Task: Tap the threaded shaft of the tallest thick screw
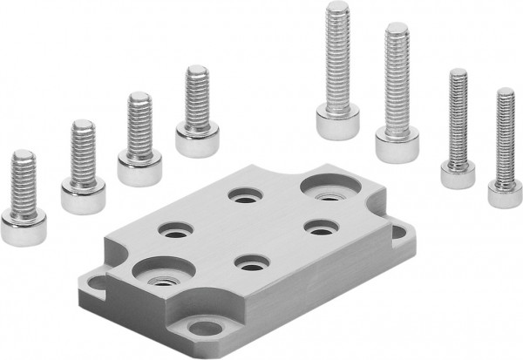point(337,52)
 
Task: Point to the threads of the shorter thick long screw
point(397,74)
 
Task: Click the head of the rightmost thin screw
point(505,194)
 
